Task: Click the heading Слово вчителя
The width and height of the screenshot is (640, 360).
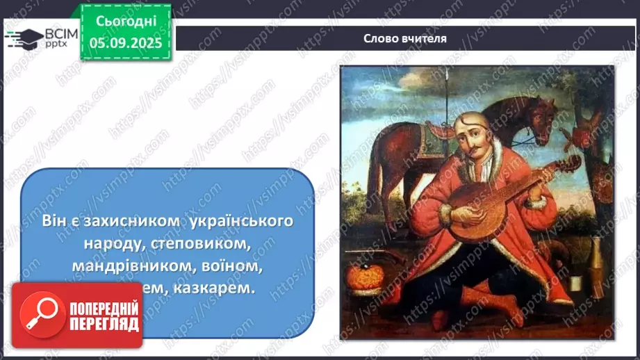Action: (x=405, y=39)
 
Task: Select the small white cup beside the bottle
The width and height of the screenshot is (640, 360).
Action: (x=576, y=284)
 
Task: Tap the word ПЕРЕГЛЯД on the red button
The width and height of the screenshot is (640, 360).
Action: (x=104, y=325)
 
